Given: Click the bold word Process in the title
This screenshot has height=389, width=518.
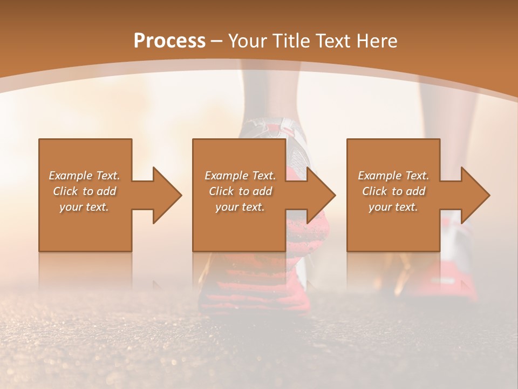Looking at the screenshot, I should coord(169,41).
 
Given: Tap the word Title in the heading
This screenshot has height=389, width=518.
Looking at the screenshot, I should coord(291,41).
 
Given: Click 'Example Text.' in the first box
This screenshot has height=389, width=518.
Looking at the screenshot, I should coord(84,176).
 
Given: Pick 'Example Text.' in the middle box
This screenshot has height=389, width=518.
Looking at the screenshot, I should coord(240,176).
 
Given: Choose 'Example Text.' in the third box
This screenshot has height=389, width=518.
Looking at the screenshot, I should coord(393,176).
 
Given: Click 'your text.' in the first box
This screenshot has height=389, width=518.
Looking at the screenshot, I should coord(84,207).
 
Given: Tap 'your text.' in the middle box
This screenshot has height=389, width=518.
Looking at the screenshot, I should coord(240,207).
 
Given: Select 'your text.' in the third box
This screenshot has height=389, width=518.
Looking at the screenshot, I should coord(393,207).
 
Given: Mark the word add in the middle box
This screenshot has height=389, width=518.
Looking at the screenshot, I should coord(262,191).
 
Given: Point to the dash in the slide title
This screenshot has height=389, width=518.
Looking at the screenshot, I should coord(216,41).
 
